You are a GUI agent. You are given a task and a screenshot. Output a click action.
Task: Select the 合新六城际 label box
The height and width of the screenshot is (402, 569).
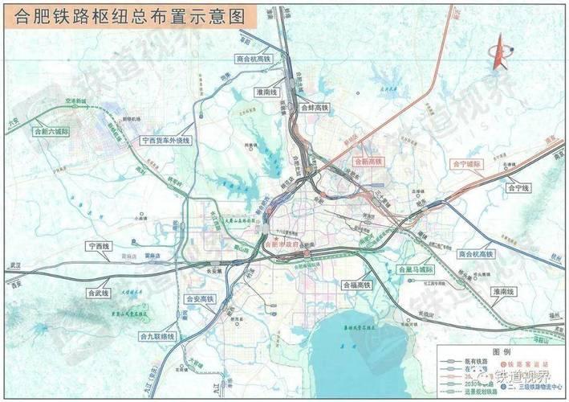(50, 130)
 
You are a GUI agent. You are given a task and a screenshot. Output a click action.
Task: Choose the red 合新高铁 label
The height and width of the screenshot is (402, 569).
(370, 162)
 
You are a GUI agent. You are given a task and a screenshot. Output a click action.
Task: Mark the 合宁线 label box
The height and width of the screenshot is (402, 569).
(519, 187)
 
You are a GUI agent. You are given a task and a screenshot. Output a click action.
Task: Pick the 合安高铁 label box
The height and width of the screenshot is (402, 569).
(199, 299)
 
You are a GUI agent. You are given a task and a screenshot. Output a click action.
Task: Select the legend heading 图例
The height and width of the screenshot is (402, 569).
(502, 352)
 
